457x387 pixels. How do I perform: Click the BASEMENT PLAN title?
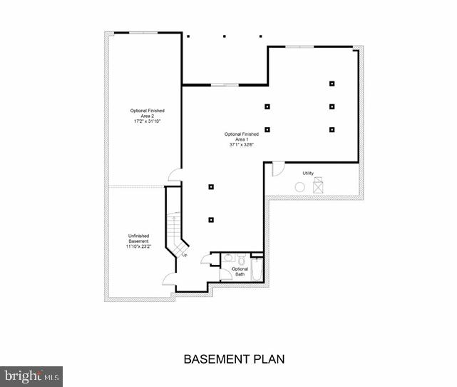[235, 358]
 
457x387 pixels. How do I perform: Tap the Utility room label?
[308, 173]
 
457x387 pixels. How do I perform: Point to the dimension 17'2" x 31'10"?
[148, 121]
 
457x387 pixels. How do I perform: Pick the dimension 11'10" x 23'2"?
[138, 246]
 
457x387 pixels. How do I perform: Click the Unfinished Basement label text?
[138, 238]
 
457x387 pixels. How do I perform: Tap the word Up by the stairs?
[185, 255]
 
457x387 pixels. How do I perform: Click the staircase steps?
[173, 228]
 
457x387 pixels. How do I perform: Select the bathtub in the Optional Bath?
[257, 270]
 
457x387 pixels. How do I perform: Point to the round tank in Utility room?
[300, 187]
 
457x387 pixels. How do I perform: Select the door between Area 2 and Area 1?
[175, 175]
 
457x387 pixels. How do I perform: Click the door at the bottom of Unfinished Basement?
[169, 279]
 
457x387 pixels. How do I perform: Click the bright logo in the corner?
[31, 376]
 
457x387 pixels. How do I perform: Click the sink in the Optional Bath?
[227, 258]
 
